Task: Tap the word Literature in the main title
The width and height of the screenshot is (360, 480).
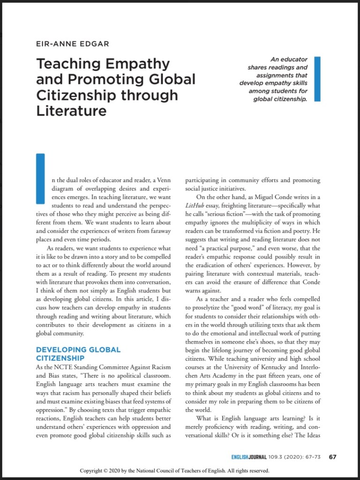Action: pos(71,111)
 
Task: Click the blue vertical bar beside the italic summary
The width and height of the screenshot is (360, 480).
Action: pos(317,79)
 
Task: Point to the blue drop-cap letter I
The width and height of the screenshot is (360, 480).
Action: pos(40,178)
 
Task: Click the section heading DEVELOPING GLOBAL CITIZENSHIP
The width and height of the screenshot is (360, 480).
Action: pos(78,354)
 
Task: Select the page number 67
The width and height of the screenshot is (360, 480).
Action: pos(333,457)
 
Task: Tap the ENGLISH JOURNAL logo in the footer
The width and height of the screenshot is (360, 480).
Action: pos(249,457)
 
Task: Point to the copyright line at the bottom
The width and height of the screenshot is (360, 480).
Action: pos(174,471)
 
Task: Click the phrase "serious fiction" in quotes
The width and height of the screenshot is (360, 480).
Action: pos(219,214)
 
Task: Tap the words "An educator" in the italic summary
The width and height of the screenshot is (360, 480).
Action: pos(289,60)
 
